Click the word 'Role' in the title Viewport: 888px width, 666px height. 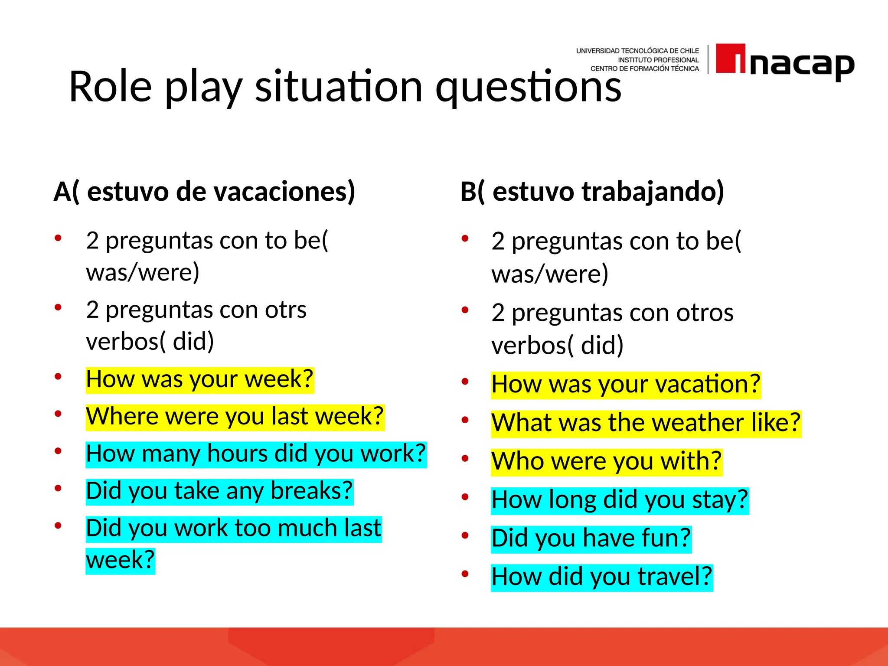pyautogui.click(x=110, y=87)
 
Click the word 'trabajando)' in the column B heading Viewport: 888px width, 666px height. pyautogui.click(x=653, y=191)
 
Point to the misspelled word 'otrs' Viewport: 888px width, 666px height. pyautogui.click(x=285, y=310)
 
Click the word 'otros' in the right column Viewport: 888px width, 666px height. pyautogui.click(x=705, y=313)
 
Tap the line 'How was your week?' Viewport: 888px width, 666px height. pyautogui.click(x=199, y=379)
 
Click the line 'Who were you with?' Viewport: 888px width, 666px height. pyautogui.click(x=606, y=461)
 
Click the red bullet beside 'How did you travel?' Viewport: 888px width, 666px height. pyautogui.click(x=465, y=574)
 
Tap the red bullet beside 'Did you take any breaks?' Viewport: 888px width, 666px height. pyautogui.click(x=58, y=488)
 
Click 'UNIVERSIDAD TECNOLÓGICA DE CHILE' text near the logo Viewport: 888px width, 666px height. pyautogui.click(x=637, y=51)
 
